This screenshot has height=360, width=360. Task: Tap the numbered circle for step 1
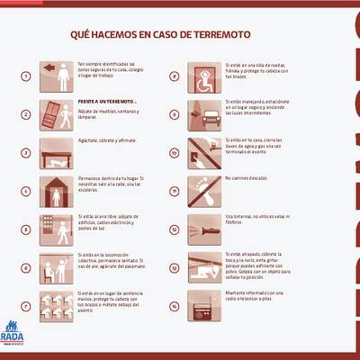click(x=26, y=76)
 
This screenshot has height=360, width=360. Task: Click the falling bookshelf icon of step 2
click(x=58, y=114)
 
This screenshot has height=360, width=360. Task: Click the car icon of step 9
click(x=204, y=114)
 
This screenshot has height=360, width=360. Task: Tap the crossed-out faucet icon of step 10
click(x=204, y=153)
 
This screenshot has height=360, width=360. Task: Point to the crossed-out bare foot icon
click(x=204, y=191)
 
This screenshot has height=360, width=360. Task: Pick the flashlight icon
click(x=204, y=229)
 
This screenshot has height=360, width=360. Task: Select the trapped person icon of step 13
click(x=204, y=267)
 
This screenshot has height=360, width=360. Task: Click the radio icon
click(x=204, y=305)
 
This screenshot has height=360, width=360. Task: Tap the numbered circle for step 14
click(x=174, y=306)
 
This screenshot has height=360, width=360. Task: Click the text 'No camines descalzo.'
click(x=248, y=178)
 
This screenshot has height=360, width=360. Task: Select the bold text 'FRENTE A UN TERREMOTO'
click(x=106, y=102)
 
